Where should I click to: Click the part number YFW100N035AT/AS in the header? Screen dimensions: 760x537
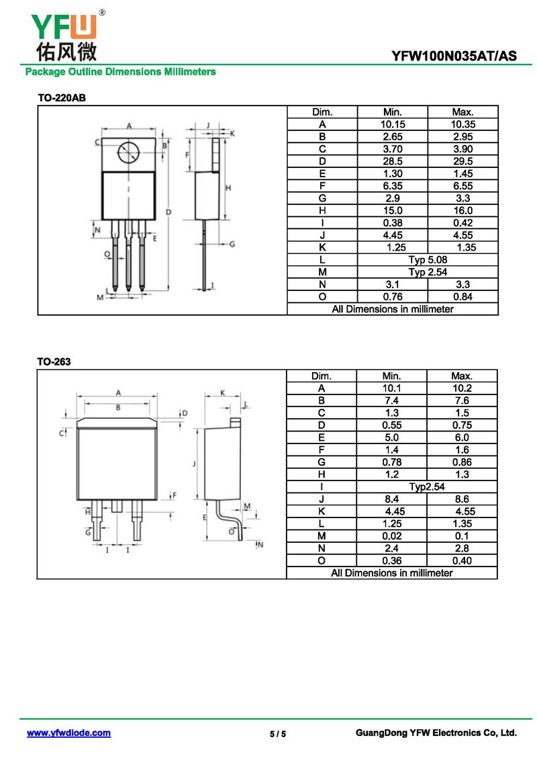(454, 56)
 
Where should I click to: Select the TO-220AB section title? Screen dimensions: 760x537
(62, 98)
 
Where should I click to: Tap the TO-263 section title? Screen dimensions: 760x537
(54, 362)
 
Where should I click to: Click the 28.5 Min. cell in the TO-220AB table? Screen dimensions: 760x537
(392, 161)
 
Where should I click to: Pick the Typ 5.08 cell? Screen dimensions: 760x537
(428, 259)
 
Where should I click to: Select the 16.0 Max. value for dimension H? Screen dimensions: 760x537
(462, 210)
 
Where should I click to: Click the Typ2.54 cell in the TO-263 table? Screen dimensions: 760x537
(427, 487)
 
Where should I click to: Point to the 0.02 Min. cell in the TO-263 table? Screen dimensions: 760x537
(392, 536)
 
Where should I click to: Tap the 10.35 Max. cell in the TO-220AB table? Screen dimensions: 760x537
(462, 124)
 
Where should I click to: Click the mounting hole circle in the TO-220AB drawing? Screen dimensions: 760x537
(128, 154)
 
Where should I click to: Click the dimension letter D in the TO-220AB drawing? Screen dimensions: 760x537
(168, 212)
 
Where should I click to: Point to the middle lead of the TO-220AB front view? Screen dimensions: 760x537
(128, 259)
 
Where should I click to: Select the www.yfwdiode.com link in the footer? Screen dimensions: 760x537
(68, 733)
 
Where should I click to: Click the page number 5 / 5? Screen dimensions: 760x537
(278, 734)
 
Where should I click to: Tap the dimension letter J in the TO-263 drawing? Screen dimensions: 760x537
(193, 464)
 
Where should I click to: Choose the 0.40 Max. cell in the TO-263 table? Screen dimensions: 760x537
(462, 560)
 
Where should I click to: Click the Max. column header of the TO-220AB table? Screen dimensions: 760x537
(462, 112)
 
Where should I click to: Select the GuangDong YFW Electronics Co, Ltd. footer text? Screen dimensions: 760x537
(436, 733)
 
